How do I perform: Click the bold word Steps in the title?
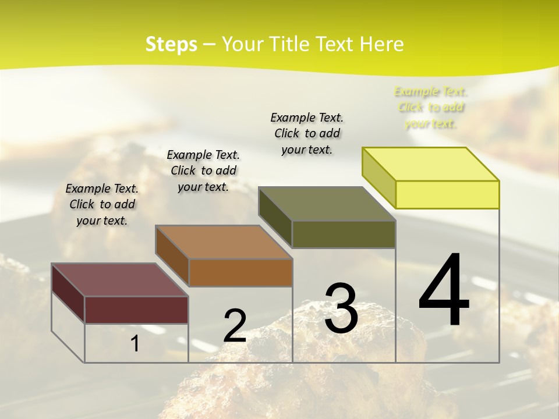[x=171, y=44]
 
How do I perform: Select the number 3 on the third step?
[x=341, y=308]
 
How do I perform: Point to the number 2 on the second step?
[x=235, y=325]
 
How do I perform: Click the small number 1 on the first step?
[x=135, y=344]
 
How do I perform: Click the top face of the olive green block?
[x=327, y=204]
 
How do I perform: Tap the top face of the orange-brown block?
[x=224, y=242]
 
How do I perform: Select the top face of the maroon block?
[x=120, y=280]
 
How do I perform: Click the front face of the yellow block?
[x=447, y=194]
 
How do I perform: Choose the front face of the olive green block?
[x=344, y=234]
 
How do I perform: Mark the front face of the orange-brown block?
[x=240, y=272]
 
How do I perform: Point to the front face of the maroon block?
[x=136, y=310]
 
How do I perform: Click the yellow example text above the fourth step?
[x=430, y=107]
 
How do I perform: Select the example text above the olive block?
[x=307, y=133]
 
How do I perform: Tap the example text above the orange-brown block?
[x=203, y=171]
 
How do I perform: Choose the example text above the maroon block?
[x=102, y=204]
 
